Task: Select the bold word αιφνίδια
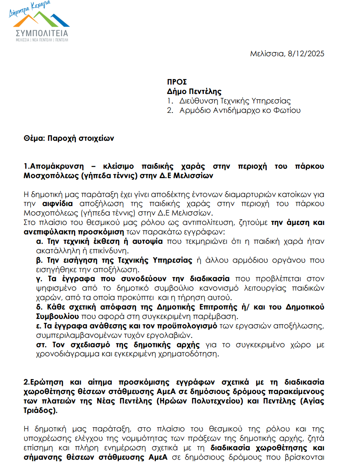click(59, 204)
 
